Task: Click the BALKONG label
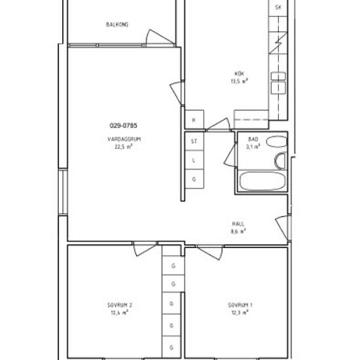[117, 25]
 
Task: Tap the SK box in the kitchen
[278, 8]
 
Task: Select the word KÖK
[239, 73]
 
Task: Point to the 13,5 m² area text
[239, 81]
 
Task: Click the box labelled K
[194, 120]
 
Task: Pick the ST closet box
[194, 141]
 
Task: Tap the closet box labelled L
[194, 160]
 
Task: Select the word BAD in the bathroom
[253, 140]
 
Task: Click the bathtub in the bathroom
[261, 181]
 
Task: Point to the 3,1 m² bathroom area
[253, 147]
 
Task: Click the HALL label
[238, 223]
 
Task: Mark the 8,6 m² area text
[238, 231]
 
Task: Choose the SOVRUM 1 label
[240, 305]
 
